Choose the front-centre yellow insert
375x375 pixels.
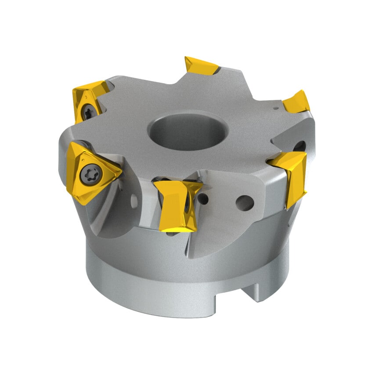(176, 205)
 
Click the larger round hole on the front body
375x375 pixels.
(245, 203)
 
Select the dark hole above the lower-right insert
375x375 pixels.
(300, 146)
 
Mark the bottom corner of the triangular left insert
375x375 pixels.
(83, 203)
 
